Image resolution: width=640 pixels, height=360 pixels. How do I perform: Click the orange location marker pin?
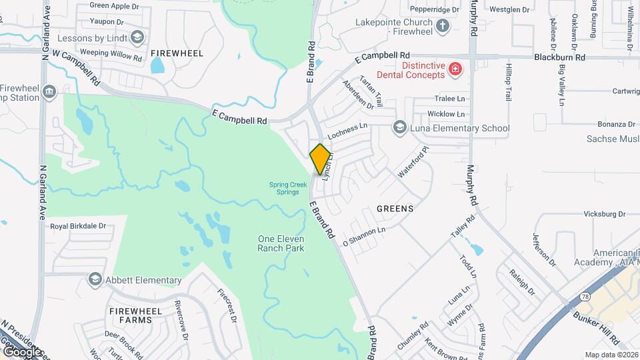click(321, 159)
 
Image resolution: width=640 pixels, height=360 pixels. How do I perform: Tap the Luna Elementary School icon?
click(399, 128)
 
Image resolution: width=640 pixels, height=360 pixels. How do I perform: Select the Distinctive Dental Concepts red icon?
click(455, 68)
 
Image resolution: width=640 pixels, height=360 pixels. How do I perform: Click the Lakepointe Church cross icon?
click(442, 27)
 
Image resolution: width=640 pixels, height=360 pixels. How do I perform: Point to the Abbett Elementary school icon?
click(95, 280)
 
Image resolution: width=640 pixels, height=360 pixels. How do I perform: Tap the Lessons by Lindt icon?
click(137, 38)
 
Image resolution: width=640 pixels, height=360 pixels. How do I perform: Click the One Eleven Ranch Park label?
click(281, 243)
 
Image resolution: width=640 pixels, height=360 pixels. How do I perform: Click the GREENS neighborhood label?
click(395, 209)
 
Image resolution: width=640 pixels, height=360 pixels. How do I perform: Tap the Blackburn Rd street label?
click(559, 57)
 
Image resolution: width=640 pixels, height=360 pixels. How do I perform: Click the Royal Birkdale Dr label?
click(78, 226)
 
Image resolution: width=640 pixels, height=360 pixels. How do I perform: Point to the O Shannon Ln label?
click(364, 236)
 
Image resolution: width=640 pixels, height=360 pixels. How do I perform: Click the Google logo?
click(21, 351)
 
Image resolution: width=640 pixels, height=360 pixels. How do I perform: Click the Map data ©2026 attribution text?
click(610, 355)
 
